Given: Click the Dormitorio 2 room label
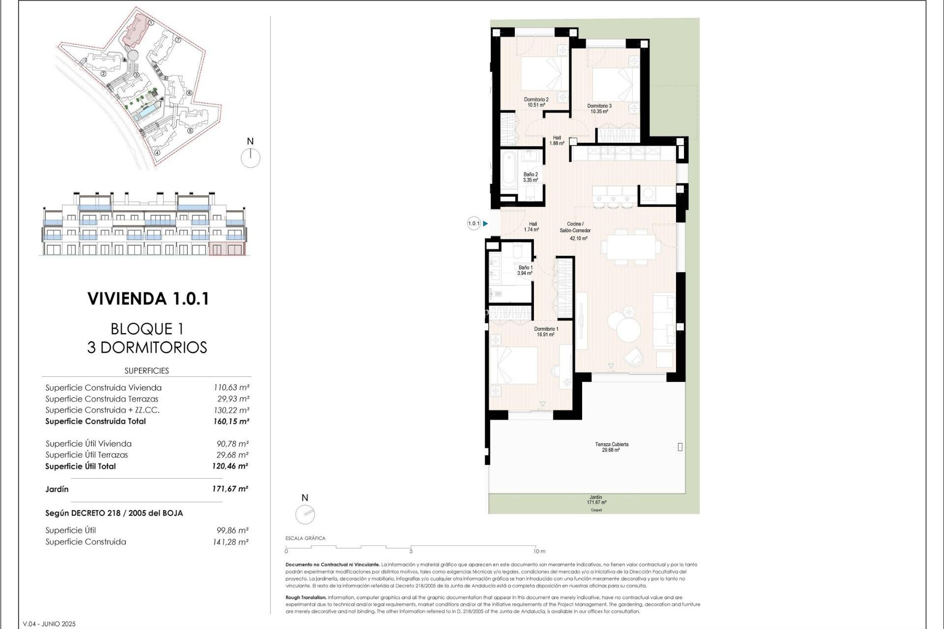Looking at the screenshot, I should click(x=536, y=102).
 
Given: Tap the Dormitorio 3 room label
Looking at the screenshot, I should click(x=599, y=108).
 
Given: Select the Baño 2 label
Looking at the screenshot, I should click(x=531, y=177).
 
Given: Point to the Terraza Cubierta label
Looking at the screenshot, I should click(x=611, y=447).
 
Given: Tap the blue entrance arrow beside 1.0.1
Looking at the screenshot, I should click(x=485, y=224).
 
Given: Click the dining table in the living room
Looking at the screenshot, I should click(x=631, y=247).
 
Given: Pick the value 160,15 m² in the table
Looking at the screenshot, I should click(x=231, y=421).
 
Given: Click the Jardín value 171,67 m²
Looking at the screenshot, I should click(x=230, y=489).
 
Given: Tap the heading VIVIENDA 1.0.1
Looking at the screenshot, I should click(x=148, y=299).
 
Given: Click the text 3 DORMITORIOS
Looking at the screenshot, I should click(x=147, y=347).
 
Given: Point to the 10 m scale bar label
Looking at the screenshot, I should click(x=539, y=551).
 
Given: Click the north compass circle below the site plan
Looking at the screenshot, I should click(x=251, y=158).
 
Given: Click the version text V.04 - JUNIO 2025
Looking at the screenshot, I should click(x=49, y=624).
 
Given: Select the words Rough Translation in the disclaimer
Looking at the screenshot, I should click(x=305, y=598).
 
